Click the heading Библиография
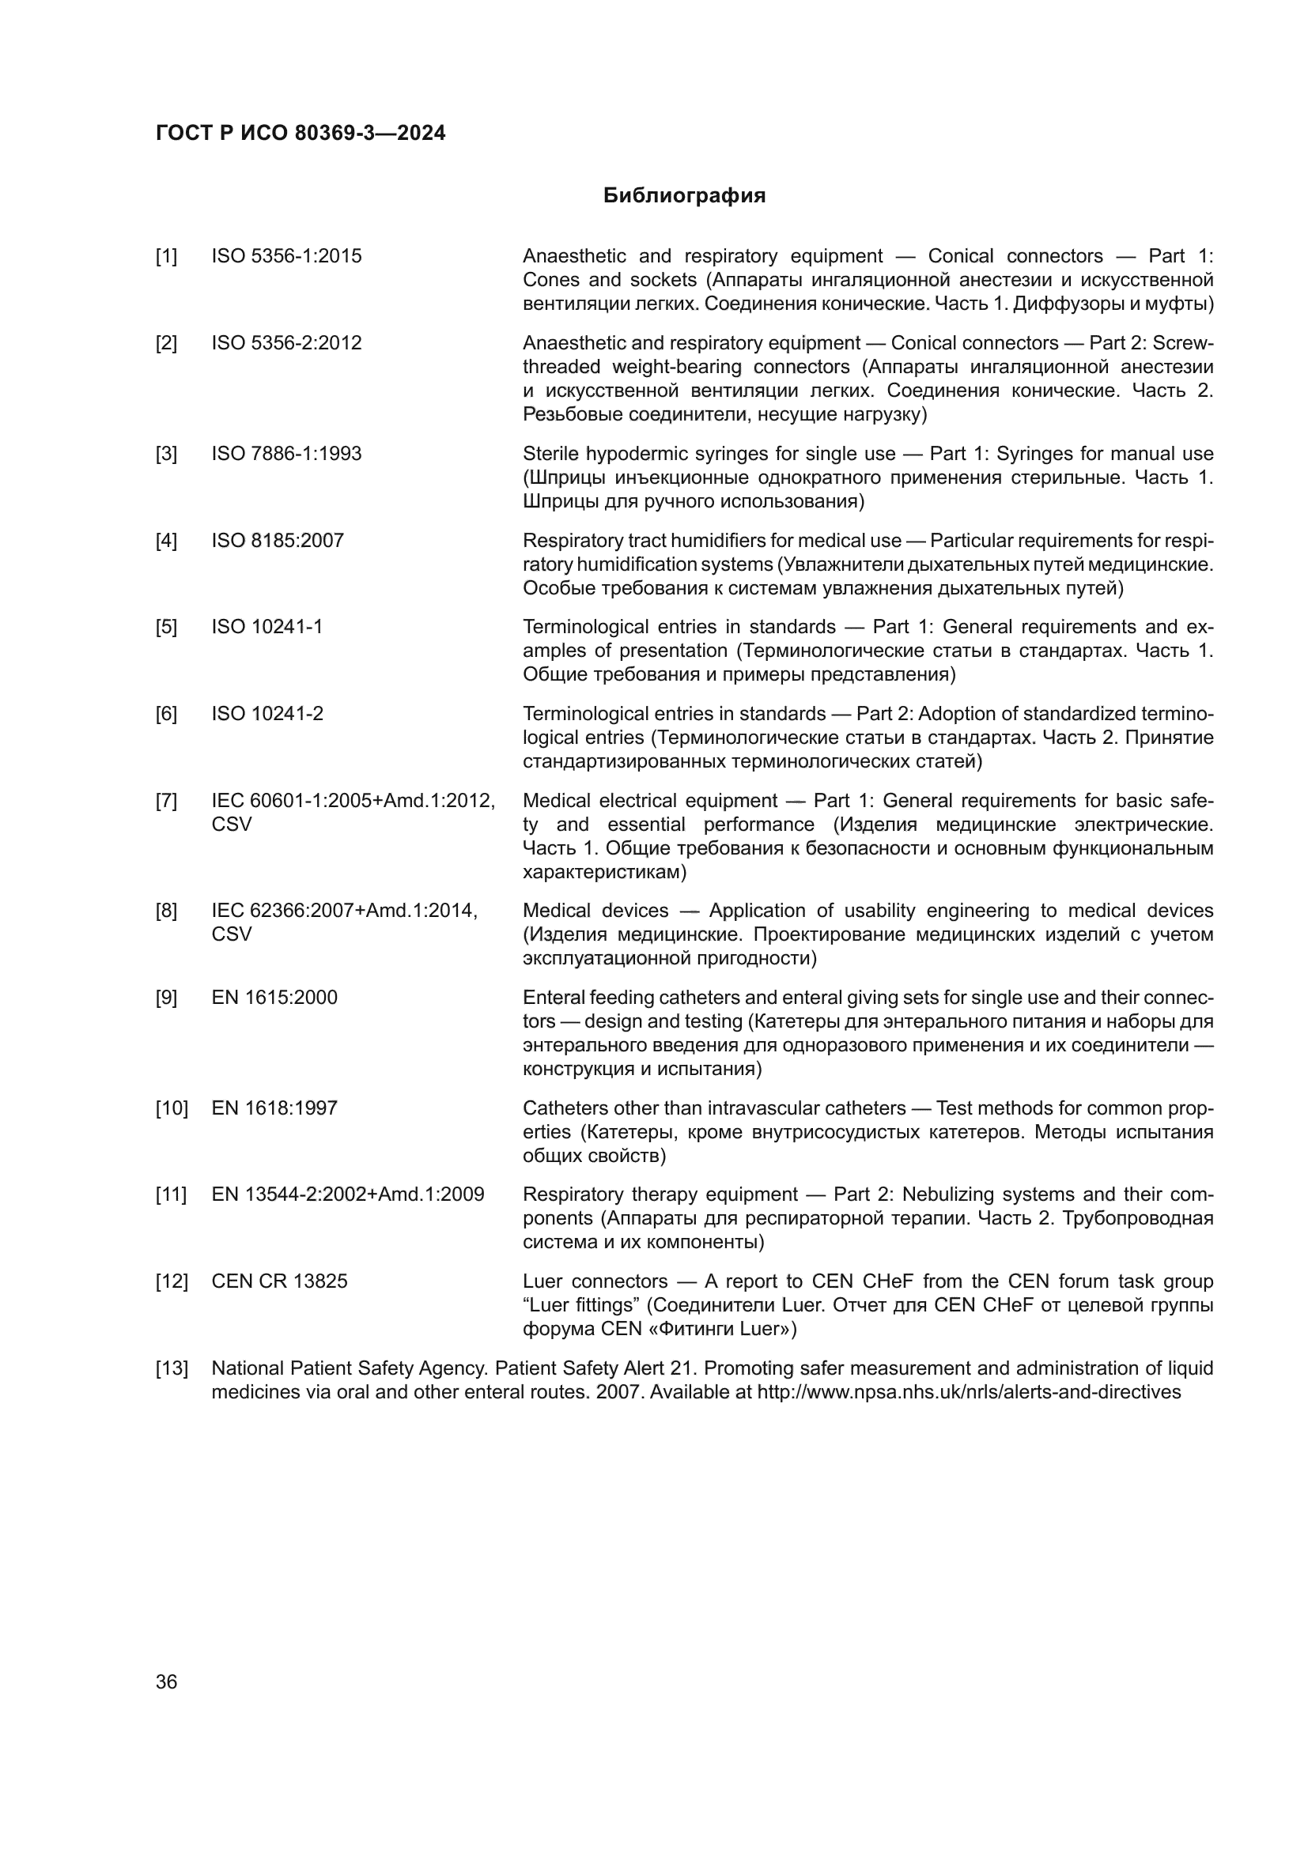click(x=684, y=196)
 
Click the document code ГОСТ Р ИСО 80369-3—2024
click(x=301, y=134)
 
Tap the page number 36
click(x=166, y=1682)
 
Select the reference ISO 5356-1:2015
click(x=287, y=256)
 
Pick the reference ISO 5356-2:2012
click(x=287, y=343)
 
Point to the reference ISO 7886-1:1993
click(x=287, y=454)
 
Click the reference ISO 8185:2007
click(x=278, y=541)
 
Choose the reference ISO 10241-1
click(x=267, y=627)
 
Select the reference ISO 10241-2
click(x=267, y=714)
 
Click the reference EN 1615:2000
click(x=274, y=997)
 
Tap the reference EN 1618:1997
click(x=274, y=1108)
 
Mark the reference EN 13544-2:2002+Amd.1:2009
click(x=348, y=1194)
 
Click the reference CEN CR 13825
click(x=279, y=1281)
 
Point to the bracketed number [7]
click(x=167, y=801)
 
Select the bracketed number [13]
click(x=171, y=1368)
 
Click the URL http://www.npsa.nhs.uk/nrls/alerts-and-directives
click(x=969, y=1392)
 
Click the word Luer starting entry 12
click(x=542, y=1281)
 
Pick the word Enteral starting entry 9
click(x=553, y=997)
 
